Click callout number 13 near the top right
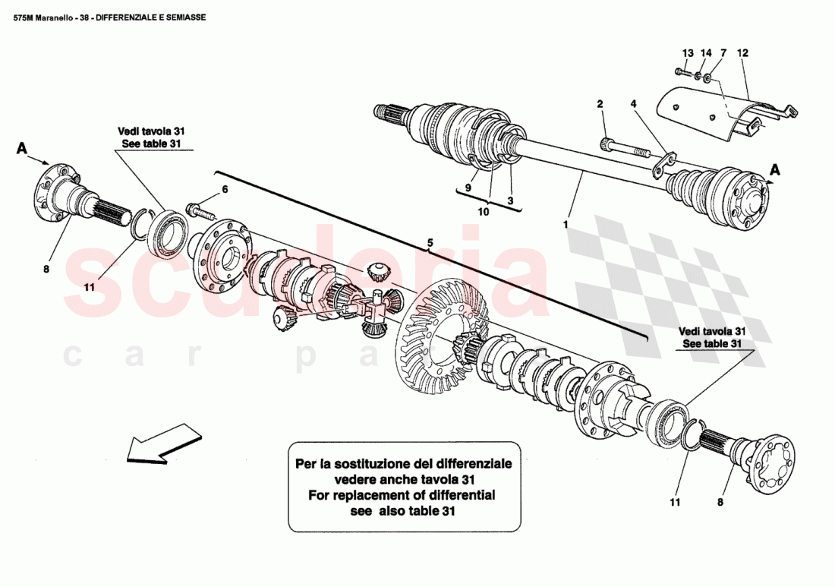click(688, 53)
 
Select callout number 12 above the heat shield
click(742, 53)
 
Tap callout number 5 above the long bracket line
click(430, 243)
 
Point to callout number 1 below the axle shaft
click(565, 225)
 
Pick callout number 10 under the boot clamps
click(484, 212)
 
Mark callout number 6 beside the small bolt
click(225, 189)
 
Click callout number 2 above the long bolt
click(600, 103)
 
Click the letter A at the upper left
click(22, 150)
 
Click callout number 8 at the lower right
click(720, 502)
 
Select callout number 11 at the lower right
click(676, 502)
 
